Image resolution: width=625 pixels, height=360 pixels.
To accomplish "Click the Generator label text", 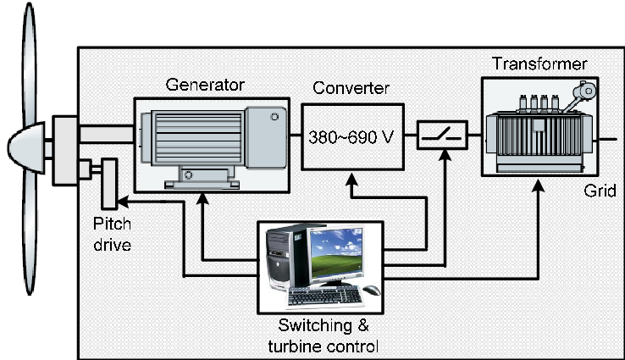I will pos(205,85).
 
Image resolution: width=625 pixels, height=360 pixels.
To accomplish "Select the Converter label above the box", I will pos(351,89).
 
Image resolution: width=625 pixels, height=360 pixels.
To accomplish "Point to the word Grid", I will pos(601,191).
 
